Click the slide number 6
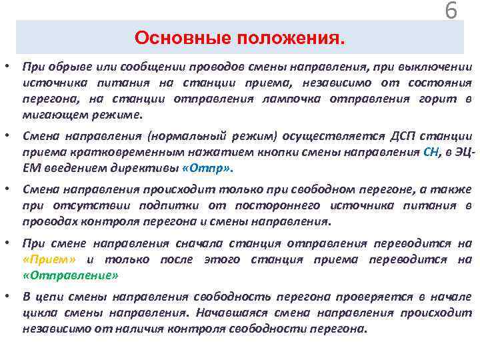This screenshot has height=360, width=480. pyautogui.click(x=451, y=11)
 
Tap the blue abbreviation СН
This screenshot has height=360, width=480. pyautogui.click(x=431, y=152)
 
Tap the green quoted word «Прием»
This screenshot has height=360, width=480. pyautogui.click(x=49, y=259)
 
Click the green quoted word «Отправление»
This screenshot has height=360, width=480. pyautogui.click(x=70, y=275)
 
